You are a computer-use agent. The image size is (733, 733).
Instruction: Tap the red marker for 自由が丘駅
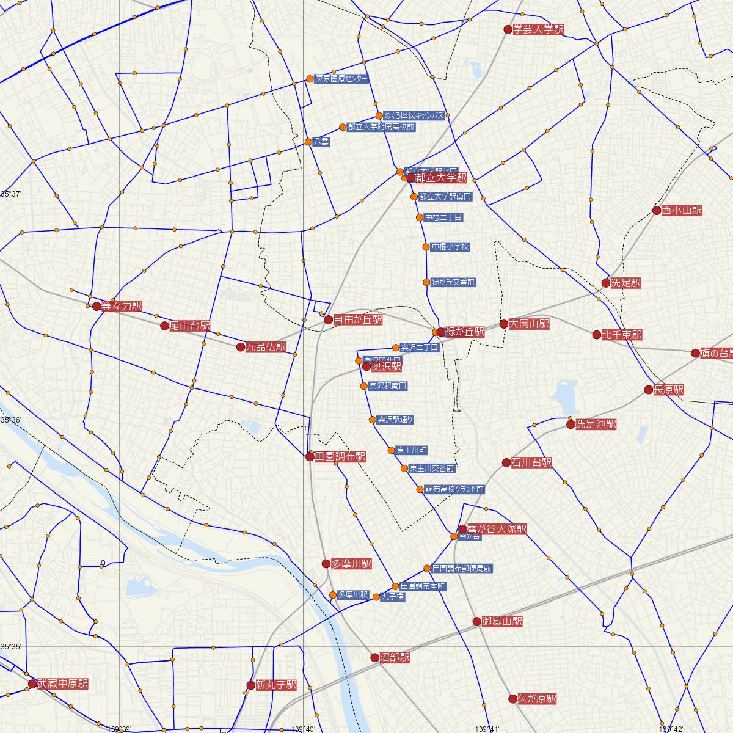point(328,319)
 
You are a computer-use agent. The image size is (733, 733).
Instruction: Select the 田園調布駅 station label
point(340,456)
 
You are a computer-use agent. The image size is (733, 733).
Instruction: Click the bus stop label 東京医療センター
point(342,79)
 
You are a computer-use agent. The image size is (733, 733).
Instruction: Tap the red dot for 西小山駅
point(657,211)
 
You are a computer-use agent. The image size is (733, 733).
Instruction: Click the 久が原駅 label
point(538,699)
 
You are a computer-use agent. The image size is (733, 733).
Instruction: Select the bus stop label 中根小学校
point(450,247)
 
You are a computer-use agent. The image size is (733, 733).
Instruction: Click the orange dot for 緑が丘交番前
point(426,282)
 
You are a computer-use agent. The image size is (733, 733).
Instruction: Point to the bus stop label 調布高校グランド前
point(454,489)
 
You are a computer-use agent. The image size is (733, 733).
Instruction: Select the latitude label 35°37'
point(11,194)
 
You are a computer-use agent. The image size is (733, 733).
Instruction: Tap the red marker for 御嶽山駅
point(477,622)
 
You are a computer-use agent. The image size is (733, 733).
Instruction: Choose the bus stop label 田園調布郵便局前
point(462,568)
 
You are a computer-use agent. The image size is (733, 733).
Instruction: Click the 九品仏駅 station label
point(266,347)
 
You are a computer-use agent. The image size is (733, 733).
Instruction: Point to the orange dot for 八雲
point(308,142)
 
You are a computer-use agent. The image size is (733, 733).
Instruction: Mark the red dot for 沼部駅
point(375,658)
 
